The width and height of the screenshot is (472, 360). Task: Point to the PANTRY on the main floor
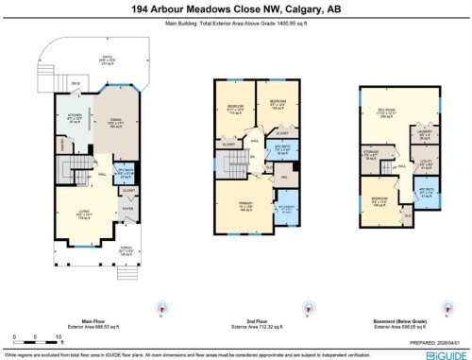(x=66, y=146)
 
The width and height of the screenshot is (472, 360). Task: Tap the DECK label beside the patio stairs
(x=76, y=83)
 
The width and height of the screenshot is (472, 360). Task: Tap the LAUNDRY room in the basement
(x=424, y=132)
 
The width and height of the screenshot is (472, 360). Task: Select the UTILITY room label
(x=424, y=161)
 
